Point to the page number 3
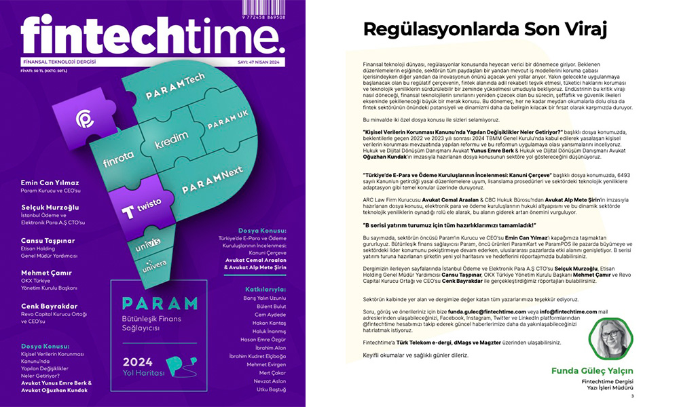(632, 397)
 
